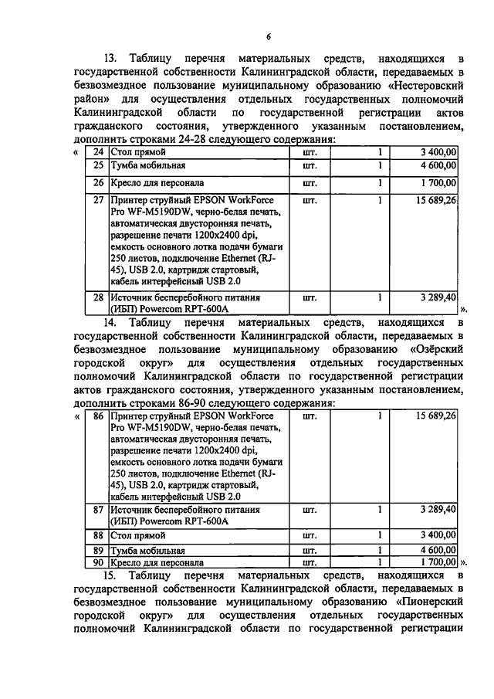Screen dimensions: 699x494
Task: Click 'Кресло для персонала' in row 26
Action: (147, 183)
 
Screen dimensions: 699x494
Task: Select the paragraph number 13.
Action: (113, 59)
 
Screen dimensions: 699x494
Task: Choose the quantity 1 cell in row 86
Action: (380, 416)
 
